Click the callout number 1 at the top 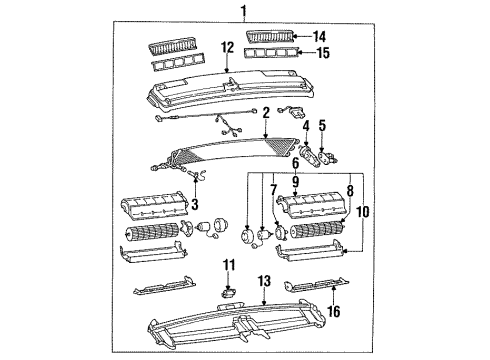(242, 11)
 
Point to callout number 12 (227, 47)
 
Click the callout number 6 (296, 163)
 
